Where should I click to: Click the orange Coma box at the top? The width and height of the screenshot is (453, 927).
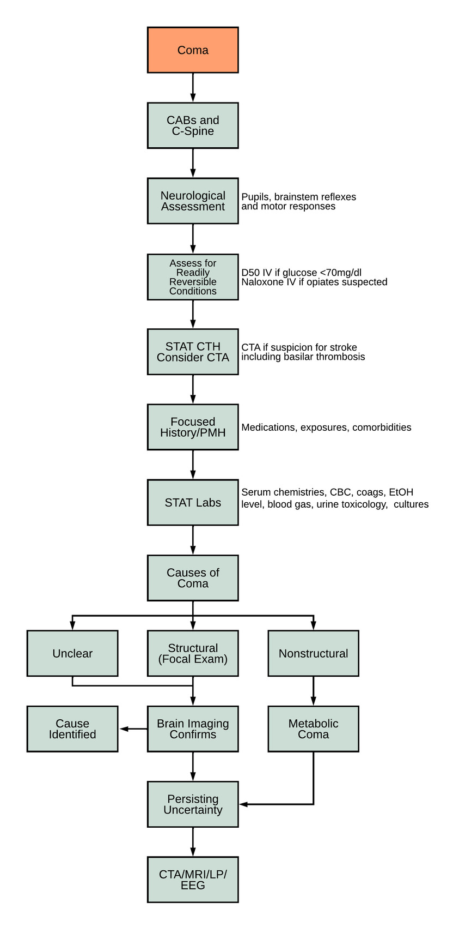click(193, 50)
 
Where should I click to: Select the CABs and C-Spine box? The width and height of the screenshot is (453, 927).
click(193, 125)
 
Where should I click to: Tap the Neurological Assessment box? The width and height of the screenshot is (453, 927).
click(193, 201)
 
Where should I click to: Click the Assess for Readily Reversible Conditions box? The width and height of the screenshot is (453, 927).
click(193, 276)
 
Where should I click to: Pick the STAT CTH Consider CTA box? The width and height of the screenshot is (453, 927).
click(193, 352)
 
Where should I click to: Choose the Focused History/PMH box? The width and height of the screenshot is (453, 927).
click(193, 427)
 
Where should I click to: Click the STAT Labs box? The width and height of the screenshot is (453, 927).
click(193, 502)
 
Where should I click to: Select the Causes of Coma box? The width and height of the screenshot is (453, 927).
click(193, 578)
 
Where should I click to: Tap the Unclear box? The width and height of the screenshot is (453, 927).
click(72, 653)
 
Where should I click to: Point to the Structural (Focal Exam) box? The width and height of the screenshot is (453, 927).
click(193, 653)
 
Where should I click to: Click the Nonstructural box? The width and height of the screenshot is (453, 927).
click(313, 653)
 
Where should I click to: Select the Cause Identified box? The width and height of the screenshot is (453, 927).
click(72, 729)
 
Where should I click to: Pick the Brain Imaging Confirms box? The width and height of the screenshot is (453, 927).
click(193, 729)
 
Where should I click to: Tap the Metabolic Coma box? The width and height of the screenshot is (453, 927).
click(313, 729)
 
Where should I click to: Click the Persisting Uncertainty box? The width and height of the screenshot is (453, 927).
click(193, 804)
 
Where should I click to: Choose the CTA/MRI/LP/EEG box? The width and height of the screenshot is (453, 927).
click(193, 880)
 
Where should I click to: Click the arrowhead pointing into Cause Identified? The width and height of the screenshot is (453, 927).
click(124, 729)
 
